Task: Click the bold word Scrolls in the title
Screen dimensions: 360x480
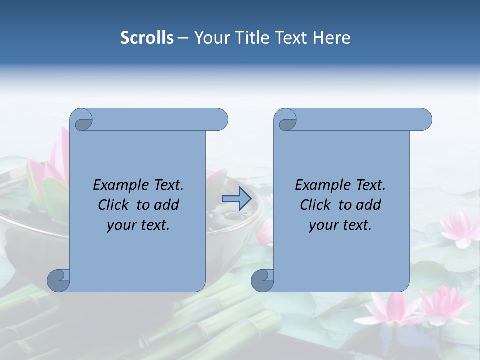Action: pyautogui.click(x=147, y=38)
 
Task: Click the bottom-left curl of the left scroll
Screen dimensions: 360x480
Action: pyautogui.click(x=59, y=280)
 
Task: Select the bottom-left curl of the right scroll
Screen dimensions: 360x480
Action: pyautogui.click(x=263, y=280)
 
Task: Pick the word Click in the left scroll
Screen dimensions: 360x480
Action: pyautogui.click(x=114, y=205)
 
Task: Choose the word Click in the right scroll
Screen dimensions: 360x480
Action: pyautogui.click(x=316, y=205)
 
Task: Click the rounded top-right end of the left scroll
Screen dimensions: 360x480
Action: pyautogui.click(x=220, y=120)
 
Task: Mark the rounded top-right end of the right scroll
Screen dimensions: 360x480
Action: pyautogui.click(x=424, y=120)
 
